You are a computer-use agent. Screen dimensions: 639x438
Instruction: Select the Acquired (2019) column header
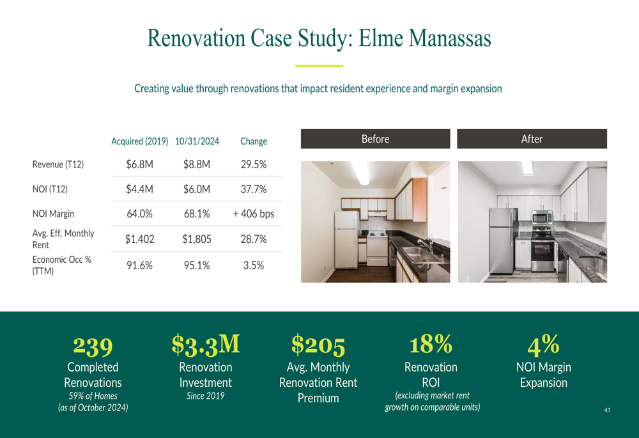[140, 141]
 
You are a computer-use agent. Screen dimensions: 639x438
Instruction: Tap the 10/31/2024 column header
[197, 141]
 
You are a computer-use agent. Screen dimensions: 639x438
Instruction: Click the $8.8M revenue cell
[197, 164]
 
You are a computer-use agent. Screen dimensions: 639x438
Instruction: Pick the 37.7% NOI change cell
[254, 189]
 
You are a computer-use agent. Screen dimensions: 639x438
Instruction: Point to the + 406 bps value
[254, 214]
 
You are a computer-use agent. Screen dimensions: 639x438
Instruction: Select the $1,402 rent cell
[140, 239]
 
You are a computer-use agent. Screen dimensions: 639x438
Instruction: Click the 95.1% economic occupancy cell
[197, 265]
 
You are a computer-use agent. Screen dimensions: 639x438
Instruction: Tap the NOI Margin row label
[53, 214]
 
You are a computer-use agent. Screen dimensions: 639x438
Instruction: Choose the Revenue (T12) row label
[58, 164]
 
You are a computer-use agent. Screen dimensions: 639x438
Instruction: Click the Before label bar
[375, 139]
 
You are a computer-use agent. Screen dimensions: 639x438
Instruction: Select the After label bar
[532, 139]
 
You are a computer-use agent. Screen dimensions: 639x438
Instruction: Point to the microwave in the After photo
[542, 217]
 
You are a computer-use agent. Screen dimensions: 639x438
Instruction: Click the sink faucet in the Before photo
[425, 244]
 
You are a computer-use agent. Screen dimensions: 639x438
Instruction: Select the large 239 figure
[93, 346]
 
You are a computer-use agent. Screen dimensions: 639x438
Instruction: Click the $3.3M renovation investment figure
[206, 345]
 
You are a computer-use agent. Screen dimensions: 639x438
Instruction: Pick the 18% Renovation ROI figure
[431, 344]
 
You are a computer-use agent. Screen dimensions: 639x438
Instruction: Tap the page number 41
[607, 410]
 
